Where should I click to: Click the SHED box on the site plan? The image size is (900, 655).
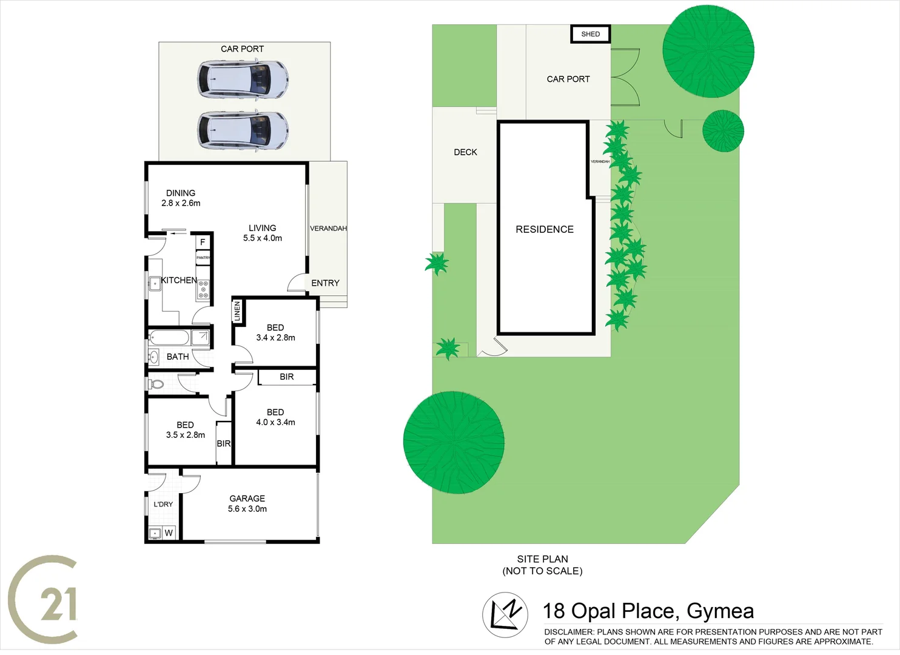point(590,34)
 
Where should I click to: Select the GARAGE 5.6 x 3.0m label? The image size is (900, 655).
point(247,503)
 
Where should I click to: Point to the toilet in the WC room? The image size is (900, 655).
point(156,384)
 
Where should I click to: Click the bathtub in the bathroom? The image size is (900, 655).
point(169,337)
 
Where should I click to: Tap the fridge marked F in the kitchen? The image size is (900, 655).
point(203,242)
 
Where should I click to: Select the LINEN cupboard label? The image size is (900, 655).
point(237,312)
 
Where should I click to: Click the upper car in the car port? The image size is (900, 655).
point(243,79)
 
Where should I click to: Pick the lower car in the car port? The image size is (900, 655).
point(243,130)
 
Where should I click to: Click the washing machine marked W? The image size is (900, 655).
point(169,532)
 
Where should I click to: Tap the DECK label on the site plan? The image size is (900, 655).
point(465,152)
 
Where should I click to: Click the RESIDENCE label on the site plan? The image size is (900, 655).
point(544,229)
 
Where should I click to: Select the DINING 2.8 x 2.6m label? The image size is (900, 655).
point(181,198)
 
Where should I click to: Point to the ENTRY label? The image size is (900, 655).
point(325,283)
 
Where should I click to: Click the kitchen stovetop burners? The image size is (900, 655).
point(203,289)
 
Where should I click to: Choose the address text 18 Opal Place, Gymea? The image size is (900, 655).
point(648,611)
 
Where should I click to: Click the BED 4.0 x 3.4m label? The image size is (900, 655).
point(275,417)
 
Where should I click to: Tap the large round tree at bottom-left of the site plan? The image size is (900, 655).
point(454,442)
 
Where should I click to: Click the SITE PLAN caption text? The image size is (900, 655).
point(542,565)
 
